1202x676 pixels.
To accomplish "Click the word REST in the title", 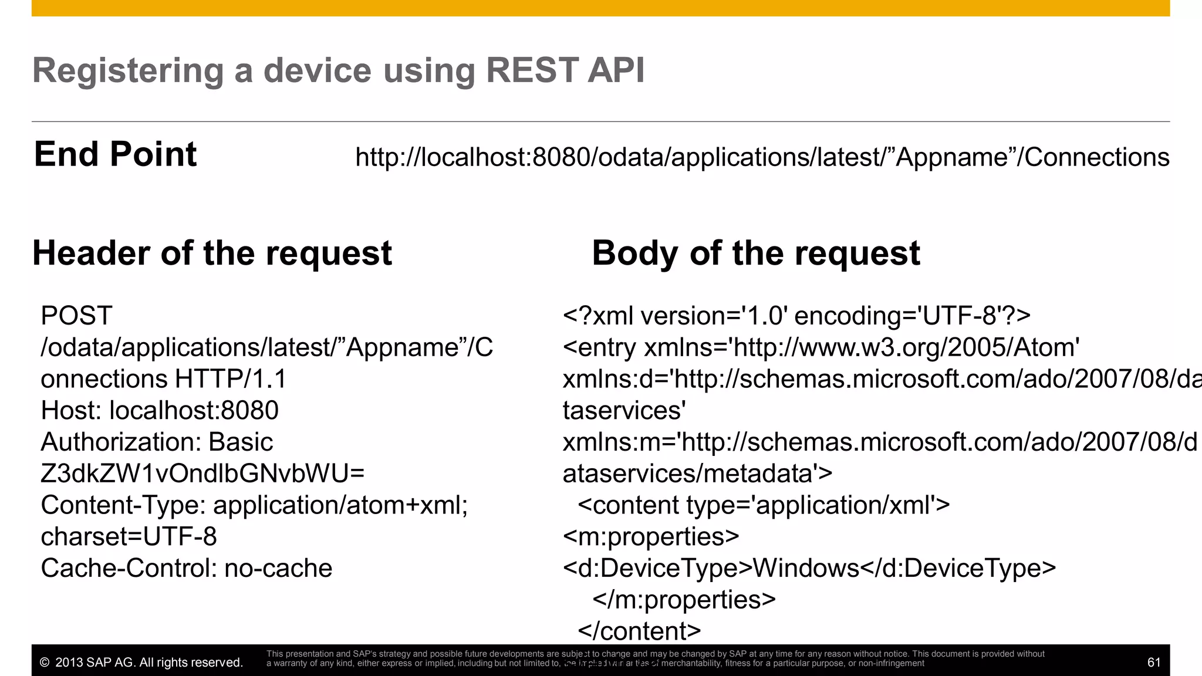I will tap(532, 70).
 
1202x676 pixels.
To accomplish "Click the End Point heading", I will tap(115, 154).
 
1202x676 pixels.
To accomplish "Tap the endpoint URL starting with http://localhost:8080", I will tap(762, 157).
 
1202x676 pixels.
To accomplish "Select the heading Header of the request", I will tap(212, 253).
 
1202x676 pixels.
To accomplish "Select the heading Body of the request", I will tap(755, 253).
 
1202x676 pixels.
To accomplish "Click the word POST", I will tap(76, 316).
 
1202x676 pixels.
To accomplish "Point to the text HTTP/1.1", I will tap(231, 379).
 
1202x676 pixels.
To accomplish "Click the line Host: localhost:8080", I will tap(160, 411).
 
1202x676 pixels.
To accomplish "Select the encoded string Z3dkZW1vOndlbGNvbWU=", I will tap(202, 474).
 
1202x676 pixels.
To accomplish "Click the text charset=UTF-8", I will tap(129, 537).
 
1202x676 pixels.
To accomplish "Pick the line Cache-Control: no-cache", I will tap(186, 569).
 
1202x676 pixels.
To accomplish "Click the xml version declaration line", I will tap(796, 316).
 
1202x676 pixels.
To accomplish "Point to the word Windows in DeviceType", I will tap(806, 569).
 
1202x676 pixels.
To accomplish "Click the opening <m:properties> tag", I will tap(650, 537).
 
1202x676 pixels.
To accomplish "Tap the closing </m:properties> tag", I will tap(684, 600).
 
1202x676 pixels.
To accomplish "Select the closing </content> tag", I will tap(639, 631).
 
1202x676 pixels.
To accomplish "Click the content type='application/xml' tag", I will tap(763, 505).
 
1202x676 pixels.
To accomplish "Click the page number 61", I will tap(1153, 663).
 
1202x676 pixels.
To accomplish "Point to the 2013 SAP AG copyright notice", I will tap(141, 663).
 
